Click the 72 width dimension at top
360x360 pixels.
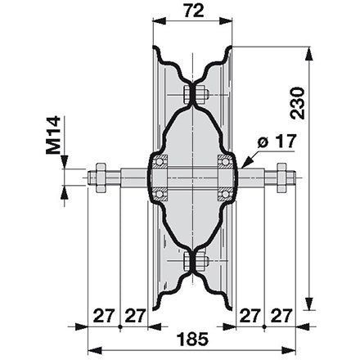pyautogui.click(x=194, y=11)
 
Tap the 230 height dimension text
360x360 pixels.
pyautogui.click(x=297, y=103)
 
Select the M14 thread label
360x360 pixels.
pyautogui.click(x=53, y=135)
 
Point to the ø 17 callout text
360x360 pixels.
pyautogui.click(x=277, y=142)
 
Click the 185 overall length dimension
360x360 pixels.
pyautogui.click(x=192, y=339)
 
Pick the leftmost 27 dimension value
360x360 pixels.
pyautogui.click(x=104, y=316)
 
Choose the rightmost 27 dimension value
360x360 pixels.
pyautogui.click(x=281, y=316)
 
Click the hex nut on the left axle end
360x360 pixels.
pyautogui.click(x=101, y=178)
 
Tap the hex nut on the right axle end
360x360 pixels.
pyautogui.click(x=281, y=178)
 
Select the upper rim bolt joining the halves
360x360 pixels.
pyautogui.click(x=194, y=95)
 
